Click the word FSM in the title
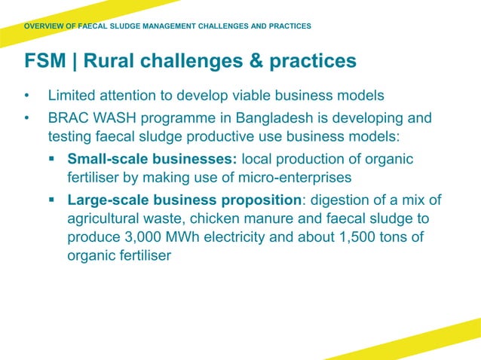pyautogui.click(x=44, y=60)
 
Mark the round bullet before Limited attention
pyautogui.click(x=27, y=96)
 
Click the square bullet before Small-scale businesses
pyautogui.click(x=52, y=160)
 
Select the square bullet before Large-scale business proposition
pyautogui.click(x=52, y=200)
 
